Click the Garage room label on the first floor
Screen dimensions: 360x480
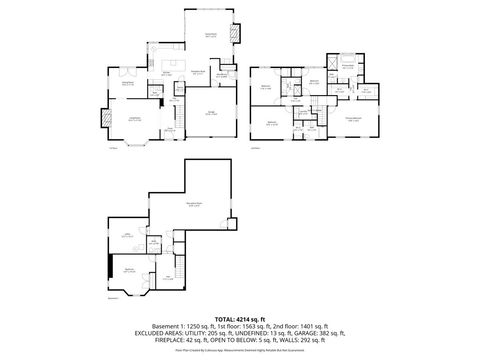tap(213, 113)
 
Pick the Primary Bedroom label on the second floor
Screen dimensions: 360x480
tap(353, 120)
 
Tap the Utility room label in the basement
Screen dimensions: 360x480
tap(127, 236)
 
